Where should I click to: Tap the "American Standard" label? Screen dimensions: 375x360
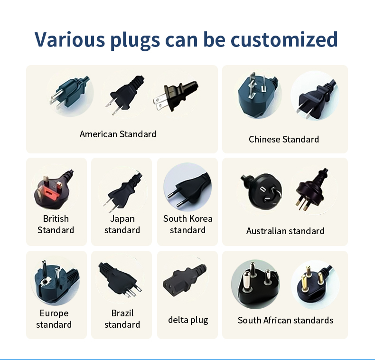[118, 134]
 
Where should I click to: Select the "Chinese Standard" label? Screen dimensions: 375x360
[284, 139]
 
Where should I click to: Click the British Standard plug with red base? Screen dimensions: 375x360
[53, 188]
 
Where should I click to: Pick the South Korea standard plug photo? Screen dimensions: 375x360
[187, 188]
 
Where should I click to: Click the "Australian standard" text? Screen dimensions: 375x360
[285, 231]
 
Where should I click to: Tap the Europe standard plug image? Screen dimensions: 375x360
[53, 280]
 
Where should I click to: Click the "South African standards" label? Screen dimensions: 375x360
[285, 320]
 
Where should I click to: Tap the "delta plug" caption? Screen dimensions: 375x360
[188, 320]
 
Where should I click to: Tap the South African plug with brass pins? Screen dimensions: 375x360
[314, 284]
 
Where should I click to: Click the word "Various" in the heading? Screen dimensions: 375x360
[69, 39]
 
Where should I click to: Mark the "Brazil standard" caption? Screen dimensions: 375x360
[122, 319]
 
